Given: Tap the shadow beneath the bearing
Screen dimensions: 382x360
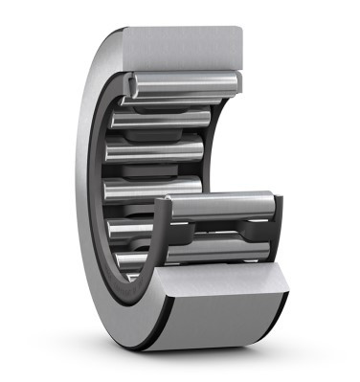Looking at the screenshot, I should coord(191,356).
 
